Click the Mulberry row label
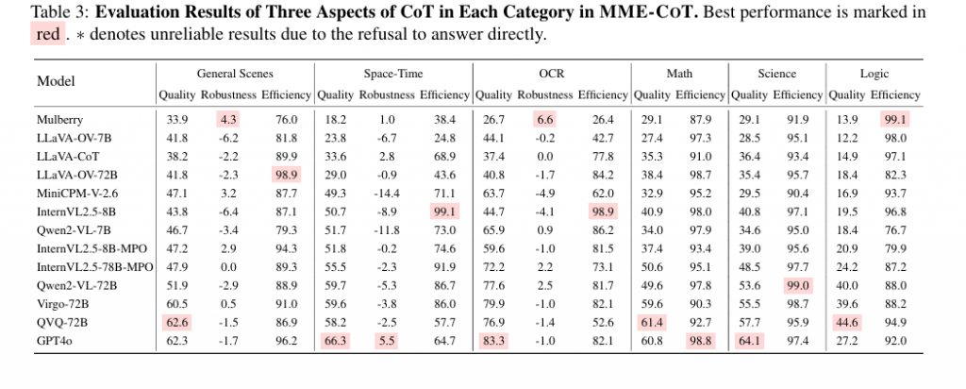point(58,119)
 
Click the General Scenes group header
point(234,74)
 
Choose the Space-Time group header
point(392,74)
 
